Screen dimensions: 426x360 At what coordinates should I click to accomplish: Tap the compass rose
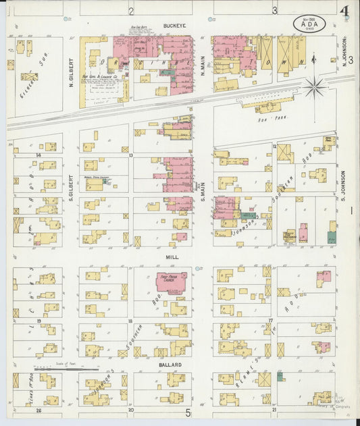coord(314,87)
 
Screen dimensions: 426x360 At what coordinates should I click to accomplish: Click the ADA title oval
coord(310,24)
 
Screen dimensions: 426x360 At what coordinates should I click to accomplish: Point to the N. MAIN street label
coord(202,65)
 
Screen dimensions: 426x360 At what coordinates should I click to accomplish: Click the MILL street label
coord(172,257)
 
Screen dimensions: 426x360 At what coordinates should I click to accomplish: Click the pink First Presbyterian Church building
coord(172,282)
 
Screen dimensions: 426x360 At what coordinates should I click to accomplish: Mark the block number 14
coord(38,155)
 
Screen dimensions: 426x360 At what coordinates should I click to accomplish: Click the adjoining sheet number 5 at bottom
coord(188,412)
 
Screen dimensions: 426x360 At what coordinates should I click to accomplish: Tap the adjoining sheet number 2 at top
coord(131,11)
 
